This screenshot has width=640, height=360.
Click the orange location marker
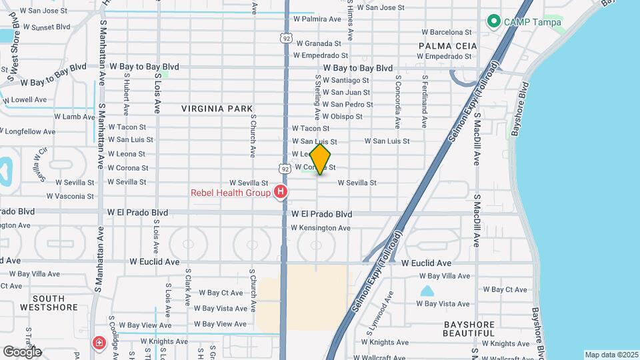(320, 159)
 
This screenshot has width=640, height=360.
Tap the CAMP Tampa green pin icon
(494, 22)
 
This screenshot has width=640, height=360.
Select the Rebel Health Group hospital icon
(281, 193)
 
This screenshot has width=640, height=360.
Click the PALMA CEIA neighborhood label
(448, 45)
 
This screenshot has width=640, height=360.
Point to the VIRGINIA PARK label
(217, 108)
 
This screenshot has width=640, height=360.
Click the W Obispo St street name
(337, 116)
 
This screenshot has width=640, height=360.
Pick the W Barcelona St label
(447, 32)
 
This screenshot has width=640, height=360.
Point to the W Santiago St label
(345, 80)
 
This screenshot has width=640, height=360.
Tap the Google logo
(22, 351)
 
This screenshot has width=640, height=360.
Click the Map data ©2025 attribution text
(611, 355)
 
